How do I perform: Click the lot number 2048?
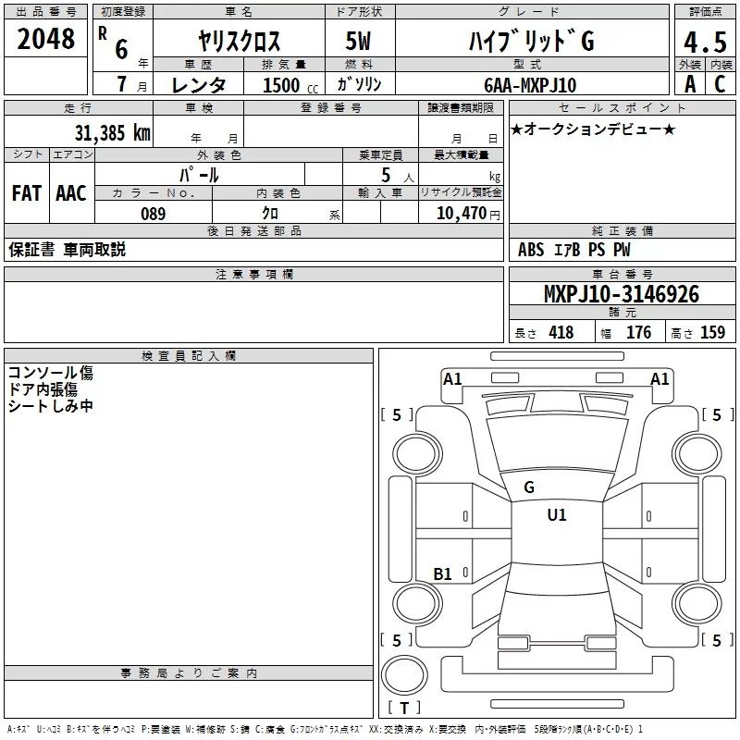pyautogui.click(x=46, y=38)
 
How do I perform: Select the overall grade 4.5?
pyautogui.click(x=704, y=43)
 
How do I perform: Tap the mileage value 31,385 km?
pyautogui.click(x=112, y=132)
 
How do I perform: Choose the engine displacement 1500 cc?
pyautogui.click(x=283, y=85)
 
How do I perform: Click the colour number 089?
pyautogui.click(x=153, y=214)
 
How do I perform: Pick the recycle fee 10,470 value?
pyautogui.click(x=461, y=214)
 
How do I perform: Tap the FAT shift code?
pyautogui.click(x=27, y=192)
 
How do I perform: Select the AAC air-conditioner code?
pyautogui.click(x=71, y=192)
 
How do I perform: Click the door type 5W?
pyautogui.click(x=359, y=43)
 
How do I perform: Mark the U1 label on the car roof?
pyautogui.click(x=557, y=515)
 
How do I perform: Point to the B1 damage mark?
pyautogui.click(x=443, y=574)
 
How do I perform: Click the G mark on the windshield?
pyautogui.click(x=529, y=487)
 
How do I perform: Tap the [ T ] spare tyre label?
pyautogui.click(x=404, y=709)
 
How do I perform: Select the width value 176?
pyautogui.click(x=638, y=333)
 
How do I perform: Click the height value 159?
pyautogui.click(x=712, y=333)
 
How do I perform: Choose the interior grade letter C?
pyautogui.click(x=719, y=85)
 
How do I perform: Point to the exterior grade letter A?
pyautogui.click(x=689, y=85)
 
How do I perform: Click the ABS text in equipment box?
pyautogui.click(x=531, y=250)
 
